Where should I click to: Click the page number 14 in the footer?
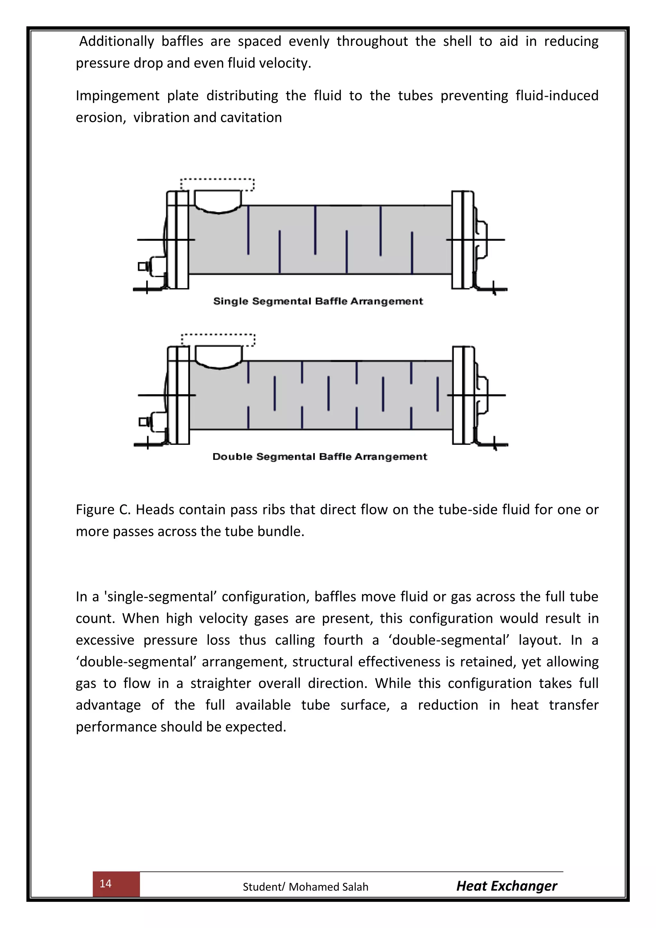click(105, 883)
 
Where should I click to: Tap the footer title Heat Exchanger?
click(506, 886)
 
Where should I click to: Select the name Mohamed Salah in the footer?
click(328, 887)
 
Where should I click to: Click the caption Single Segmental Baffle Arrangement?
click(318, 301)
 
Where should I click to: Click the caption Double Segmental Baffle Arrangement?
click(320, 457)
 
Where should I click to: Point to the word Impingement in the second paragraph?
click(118, 96)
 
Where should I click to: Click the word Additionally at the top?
click(116, 41)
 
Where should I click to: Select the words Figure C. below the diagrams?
click(103, 510)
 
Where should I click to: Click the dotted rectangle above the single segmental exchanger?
click(217, 184)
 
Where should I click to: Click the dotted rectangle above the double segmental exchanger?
click(218, 340)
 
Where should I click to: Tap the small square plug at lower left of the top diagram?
click(142, 266)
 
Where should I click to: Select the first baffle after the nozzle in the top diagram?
click(248, 229)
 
